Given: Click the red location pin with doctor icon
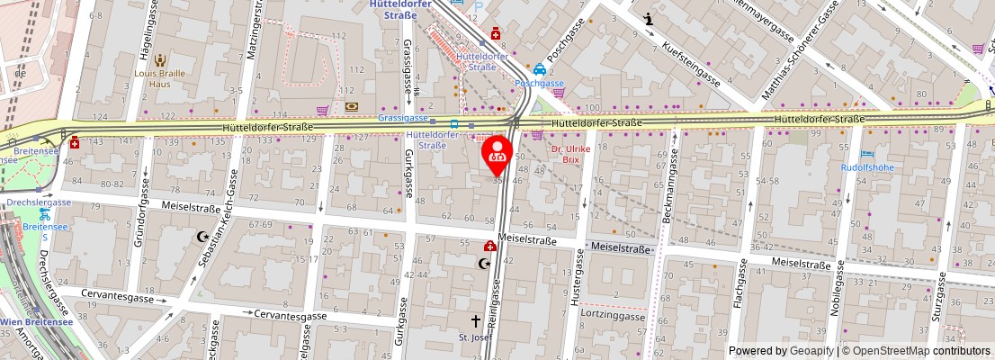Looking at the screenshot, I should (497, 154).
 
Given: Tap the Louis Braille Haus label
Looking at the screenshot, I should (159, 78).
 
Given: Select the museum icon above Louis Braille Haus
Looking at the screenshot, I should (160, 60).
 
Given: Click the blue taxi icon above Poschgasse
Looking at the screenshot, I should (539, 68).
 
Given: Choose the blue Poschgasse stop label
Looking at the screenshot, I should (538, 83).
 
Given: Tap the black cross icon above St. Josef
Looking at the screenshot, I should (477, 320).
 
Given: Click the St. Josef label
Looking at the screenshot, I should (477, 337).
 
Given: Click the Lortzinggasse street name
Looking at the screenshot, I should (614, 316).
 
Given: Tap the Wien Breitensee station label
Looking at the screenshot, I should (36, 321).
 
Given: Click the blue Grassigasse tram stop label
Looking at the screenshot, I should (402, 117).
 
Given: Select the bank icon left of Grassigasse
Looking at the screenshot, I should (351, 106).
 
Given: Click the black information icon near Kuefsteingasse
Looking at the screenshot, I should (648, 18).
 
